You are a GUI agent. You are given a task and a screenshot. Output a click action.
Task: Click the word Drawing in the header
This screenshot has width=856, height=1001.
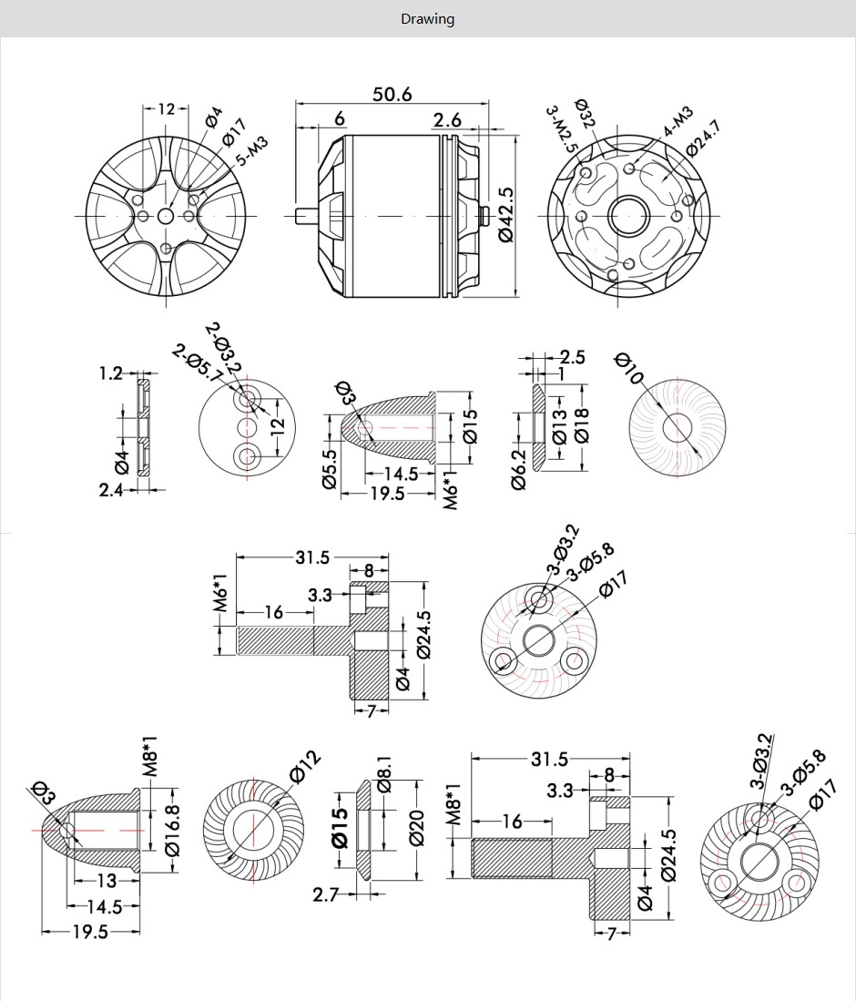(427, 18)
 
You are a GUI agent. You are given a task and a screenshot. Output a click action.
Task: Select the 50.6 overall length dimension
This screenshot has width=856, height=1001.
(392, 94)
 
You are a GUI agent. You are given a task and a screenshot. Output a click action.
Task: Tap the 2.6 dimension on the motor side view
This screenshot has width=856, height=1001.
(447, 119)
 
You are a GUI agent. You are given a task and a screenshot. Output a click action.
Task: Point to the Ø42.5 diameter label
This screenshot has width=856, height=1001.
(506, 214)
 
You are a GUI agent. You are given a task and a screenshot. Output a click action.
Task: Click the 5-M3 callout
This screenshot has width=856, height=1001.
(252, 148)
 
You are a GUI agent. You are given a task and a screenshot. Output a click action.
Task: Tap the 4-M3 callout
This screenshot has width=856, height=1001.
(678, 121)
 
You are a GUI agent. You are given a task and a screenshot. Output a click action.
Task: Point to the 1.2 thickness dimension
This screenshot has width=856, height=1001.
(110, 373)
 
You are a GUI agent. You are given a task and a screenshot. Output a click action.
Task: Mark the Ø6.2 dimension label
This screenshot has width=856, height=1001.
(519, 469)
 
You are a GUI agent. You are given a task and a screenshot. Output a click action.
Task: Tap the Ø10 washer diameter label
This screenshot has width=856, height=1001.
(629, 368)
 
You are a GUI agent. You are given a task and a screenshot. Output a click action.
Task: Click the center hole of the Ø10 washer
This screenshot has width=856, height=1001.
(677, 426)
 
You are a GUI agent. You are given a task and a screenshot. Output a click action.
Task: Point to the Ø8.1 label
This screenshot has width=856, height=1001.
(383, 773)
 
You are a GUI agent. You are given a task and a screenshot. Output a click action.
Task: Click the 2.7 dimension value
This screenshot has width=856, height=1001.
(325, 894)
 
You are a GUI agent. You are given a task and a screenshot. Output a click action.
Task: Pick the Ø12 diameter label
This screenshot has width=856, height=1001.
(305, 767)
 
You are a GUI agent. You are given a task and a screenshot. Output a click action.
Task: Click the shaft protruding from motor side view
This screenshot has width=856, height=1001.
(308, 215)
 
